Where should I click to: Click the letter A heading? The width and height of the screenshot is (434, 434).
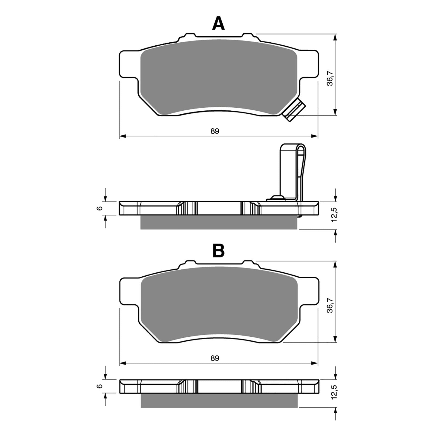[218, 24]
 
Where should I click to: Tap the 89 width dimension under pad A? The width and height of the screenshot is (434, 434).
[215, 131]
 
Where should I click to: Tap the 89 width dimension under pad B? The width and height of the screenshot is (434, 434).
[215, 358]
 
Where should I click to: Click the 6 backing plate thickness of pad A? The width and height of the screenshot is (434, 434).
[100, 208]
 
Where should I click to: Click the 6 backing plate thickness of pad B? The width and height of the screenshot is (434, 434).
[100, 386]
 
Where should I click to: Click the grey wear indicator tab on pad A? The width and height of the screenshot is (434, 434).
[294, 110]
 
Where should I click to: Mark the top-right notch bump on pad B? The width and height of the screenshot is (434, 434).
[247, 263]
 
